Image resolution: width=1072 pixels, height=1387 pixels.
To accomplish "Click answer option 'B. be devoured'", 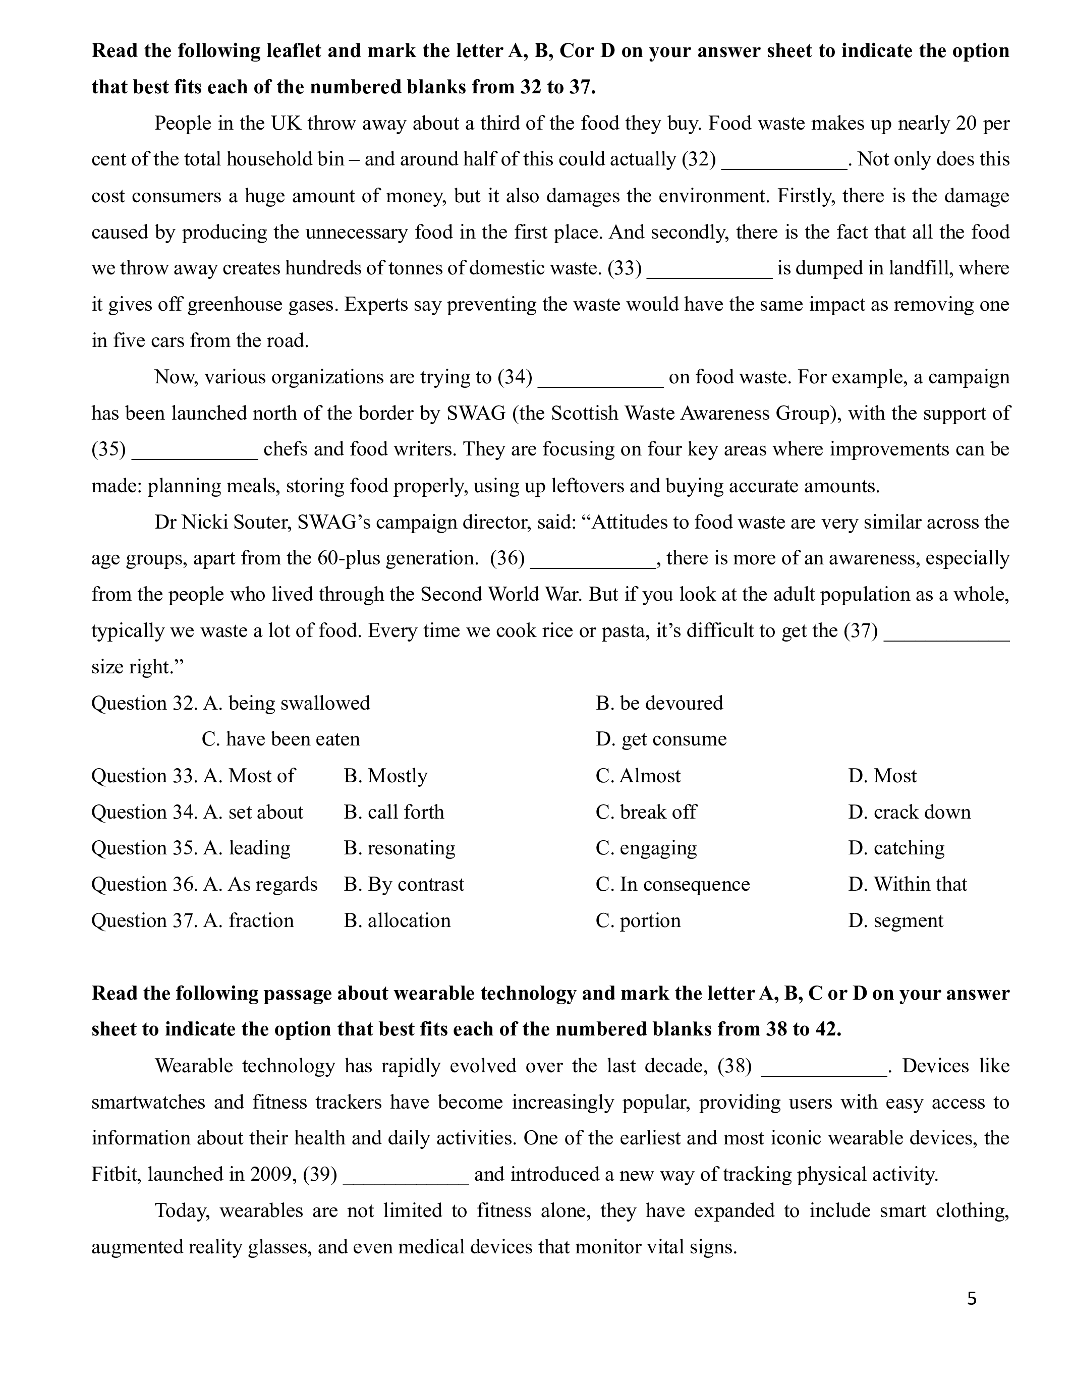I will pyautogui.click(x=659, y=703).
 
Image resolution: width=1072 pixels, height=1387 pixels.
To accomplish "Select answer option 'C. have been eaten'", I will pyautogui.click(x=280, y=739).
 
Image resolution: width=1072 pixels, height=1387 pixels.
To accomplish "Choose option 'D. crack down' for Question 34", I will pyautogui.click(x=909, y=812).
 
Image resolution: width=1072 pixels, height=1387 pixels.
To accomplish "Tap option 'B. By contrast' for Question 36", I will pyautogui.click(x=404, y=885).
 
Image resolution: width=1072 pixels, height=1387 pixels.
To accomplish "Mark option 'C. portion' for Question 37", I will pyautogui.click(x=638, y=921).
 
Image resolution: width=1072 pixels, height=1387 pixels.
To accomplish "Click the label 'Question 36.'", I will pyautogui.click(x=144, y=885).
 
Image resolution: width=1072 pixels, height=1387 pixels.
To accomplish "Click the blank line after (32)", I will pyautogui.click(x=784, y=160).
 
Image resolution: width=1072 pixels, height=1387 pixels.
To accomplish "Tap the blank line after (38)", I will pyautogui.click(x=823, y=1066).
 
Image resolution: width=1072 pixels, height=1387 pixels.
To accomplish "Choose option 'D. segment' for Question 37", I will pyautogui.click(x=895, y=921).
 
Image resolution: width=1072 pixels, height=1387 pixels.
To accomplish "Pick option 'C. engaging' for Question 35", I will pyautogui.click(x=646, y=848).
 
